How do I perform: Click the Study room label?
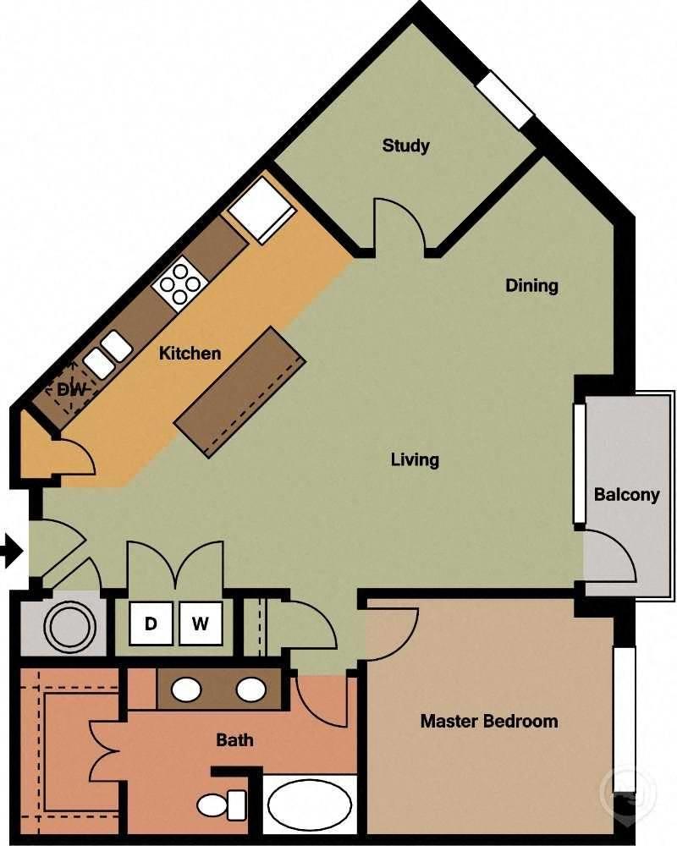[405, 146]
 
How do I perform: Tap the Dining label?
[531, 285]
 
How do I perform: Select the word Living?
[415, 460]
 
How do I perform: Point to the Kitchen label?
[190, 353]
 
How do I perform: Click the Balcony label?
[626, 495]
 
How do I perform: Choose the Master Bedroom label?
[489, 722]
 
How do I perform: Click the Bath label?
[234, 740]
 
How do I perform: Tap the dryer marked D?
[151, 624]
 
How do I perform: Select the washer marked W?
[200, 624]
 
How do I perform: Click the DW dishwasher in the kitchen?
[67, 389]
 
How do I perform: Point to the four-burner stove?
[179, 283]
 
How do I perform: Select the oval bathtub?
[309, 805]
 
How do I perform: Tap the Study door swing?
[399, 222]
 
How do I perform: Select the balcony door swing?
[610, 554]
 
